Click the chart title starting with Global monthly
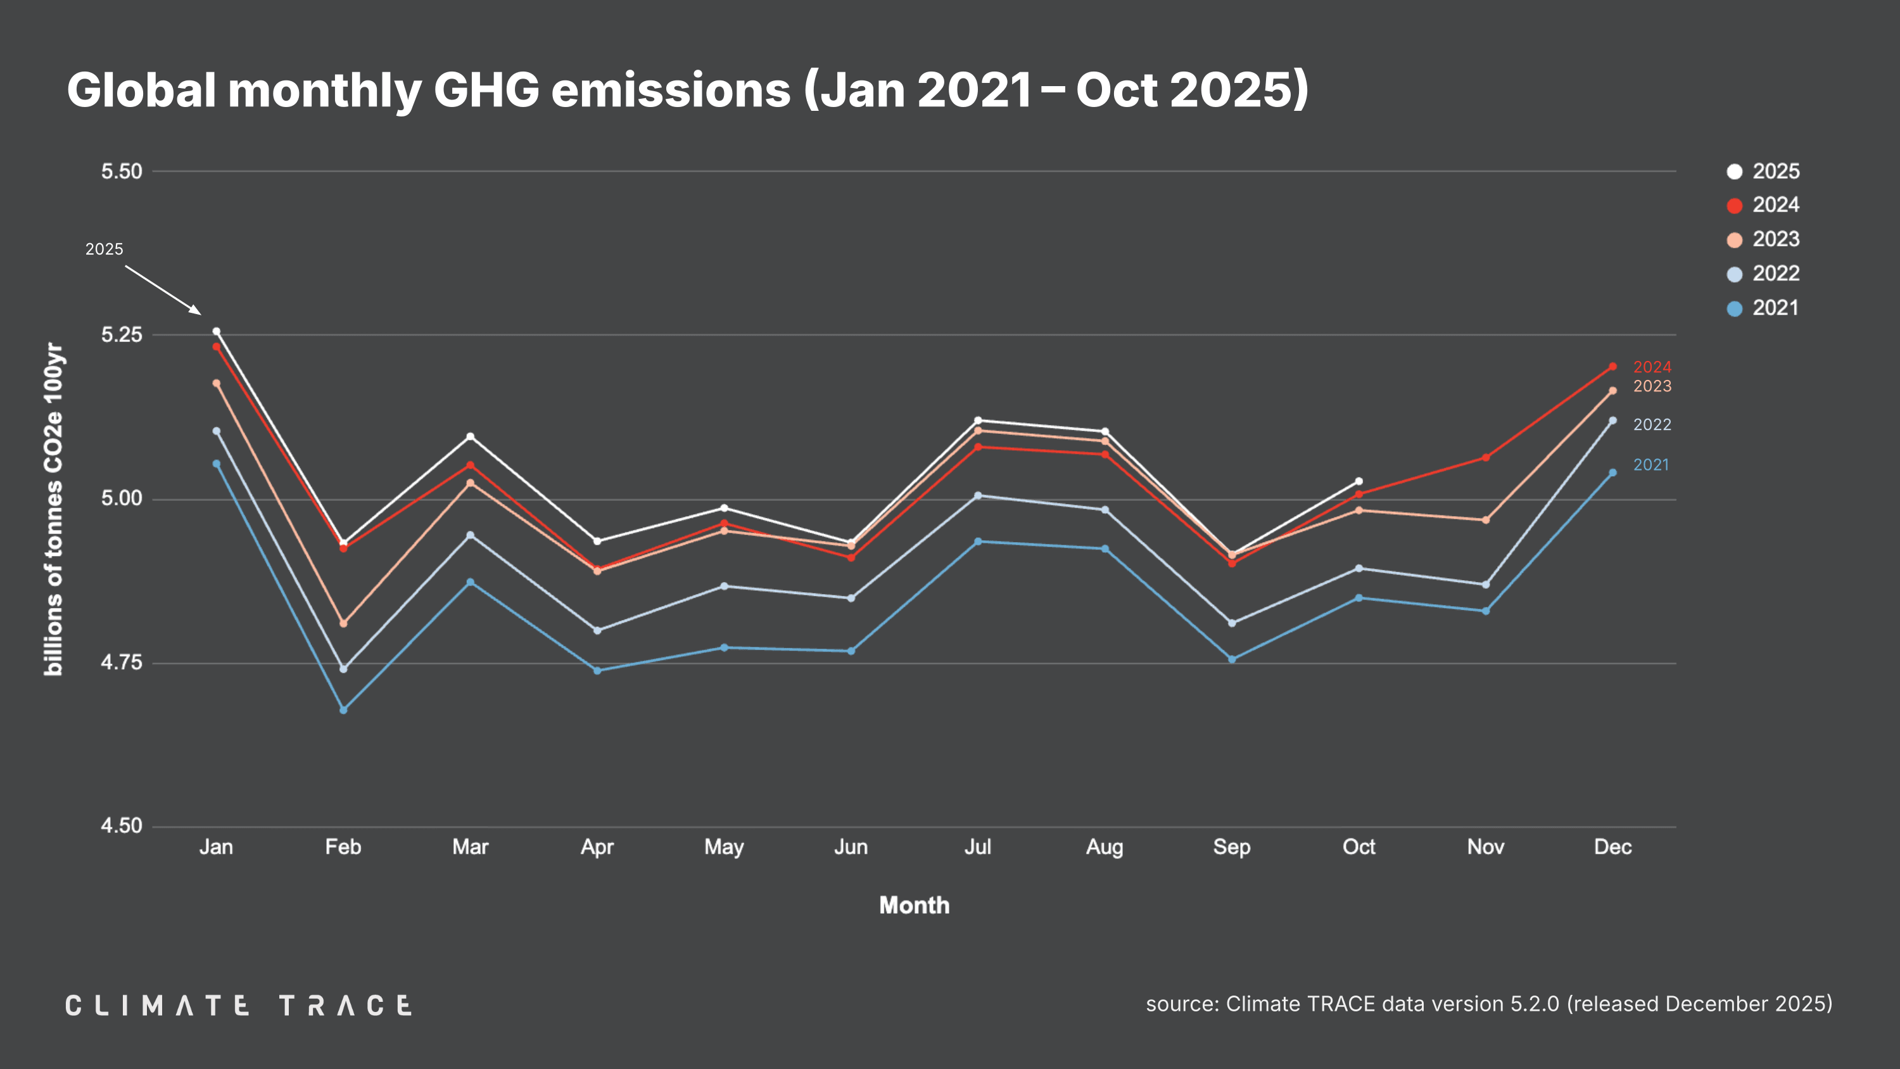tap(687, 90)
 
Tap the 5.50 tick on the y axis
tap(122, 171)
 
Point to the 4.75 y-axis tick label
tap(122, 662)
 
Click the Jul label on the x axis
tap(977, 847)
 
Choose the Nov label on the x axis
tap(1485, 847)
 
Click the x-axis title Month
tap(914, 905)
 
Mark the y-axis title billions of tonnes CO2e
tap(54, 509)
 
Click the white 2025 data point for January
tap(216, 331)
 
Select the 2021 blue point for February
tap(343, 710)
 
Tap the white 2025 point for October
tap(1358, 482)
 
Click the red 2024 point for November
tap(1485, 458)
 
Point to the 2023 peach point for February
tap(343, 623)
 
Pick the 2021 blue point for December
tap(1612, 473)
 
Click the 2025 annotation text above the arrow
tap(104, 250)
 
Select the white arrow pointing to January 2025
tap(163, 290)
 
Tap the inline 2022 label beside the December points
tap(1652, 425)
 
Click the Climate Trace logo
tap(238, 1005)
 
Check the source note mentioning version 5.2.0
tap(1488, 1004)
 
